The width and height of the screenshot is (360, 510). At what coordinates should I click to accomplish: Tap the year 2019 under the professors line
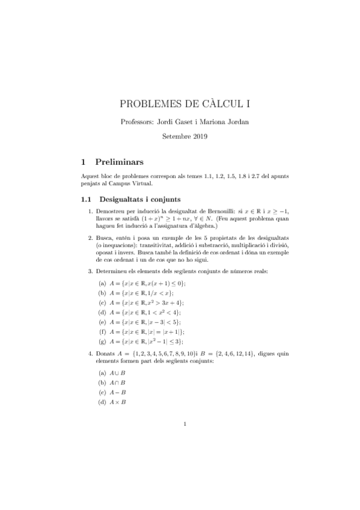coord(197,137)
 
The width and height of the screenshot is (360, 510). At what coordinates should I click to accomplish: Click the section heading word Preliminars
coord(123,162)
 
